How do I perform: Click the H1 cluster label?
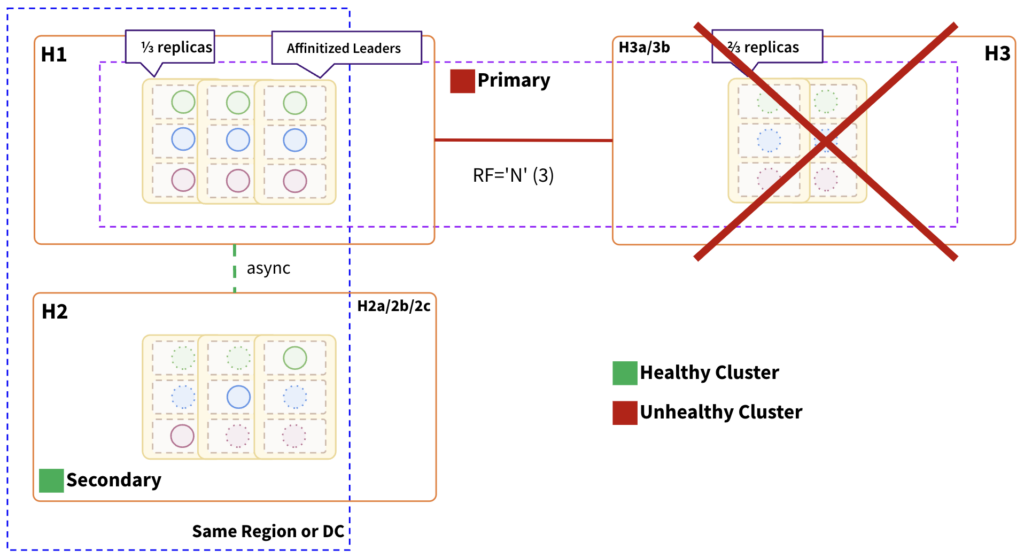[x=53, y=55]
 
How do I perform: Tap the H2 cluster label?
[x=54, y=312]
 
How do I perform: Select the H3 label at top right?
[x=997, y=54]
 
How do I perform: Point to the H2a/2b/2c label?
[x=394, y=305]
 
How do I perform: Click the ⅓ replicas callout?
[x=170, y=46]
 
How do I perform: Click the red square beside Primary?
[x=462, y=81]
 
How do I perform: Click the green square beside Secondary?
[x=51, y=481]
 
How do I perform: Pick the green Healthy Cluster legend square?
[x=624, y=373]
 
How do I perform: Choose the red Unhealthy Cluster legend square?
[x=624, y=412]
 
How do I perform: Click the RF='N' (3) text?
[x=513, y=174]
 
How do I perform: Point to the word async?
[x=267, y=268]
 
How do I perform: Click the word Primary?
[x=514, y=81]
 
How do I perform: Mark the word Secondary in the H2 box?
[x=113, y=481]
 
